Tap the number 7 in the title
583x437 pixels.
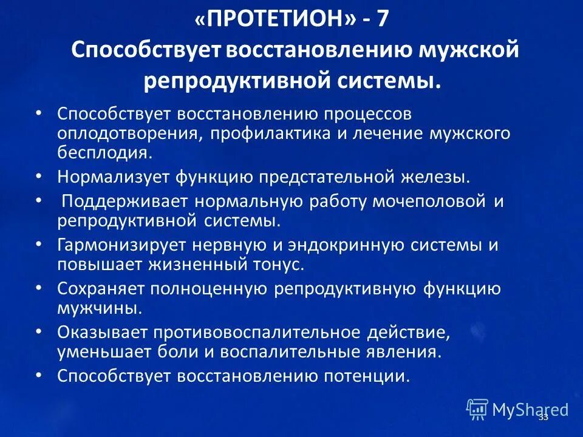tap(381, 19)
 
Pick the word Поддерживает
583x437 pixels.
tap(123, 202)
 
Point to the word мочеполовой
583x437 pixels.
tap(426, 202)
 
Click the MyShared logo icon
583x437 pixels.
tap(477, 409)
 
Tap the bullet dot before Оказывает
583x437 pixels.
tap(39, 332)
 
